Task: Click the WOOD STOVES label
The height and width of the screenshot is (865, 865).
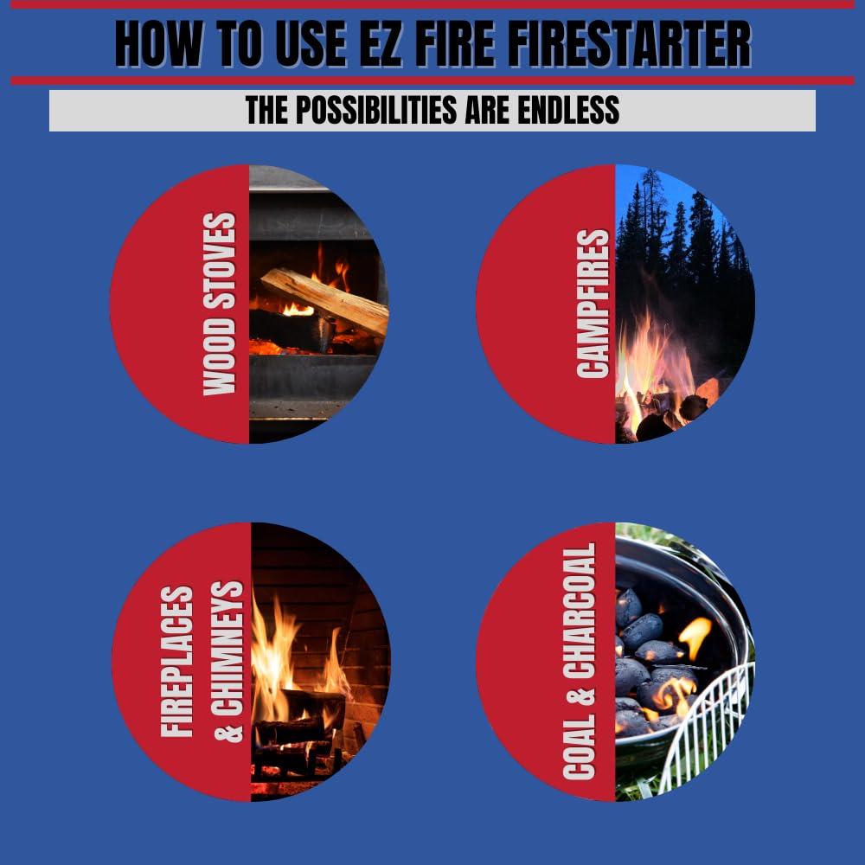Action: click(x=219, y=304)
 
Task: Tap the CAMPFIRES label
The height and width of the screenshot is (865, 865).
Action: click(x=593, y=304)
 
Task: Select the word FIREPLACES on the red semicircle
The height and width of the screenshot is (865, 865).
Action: click(x=177, y=662)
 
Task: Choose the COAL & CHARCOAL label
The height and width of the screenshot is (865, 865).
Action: click(x=580, y=662)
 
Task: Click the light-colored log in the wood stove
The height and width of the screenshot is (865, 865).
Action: click(x=324, y=299)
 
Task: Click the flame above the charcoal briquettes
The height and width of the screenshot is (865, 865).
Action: click(x=695, y=636)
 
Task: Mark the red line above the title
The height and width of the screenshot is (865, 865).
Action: click(x=432, y=4)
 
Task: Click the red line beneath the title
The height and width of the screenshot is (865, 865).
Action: click(x=432, y=80)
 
